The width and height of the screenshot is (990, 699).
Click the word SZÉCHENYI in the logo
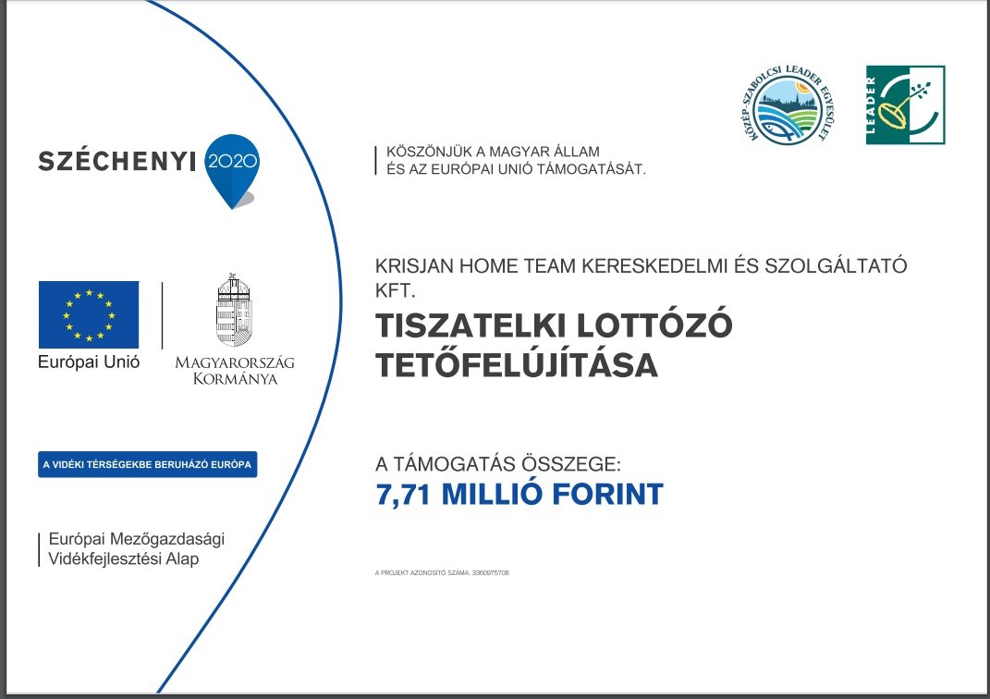(117, 162)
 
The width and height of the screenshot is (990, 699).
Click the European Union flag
(89, 314)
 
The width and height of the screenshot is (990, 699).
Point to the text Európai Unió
(89, 362)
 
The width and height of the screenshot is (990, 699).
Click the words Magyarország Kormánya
(235, 370)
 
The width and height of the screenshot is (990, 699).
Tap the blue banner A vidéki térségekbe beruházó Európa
(148, 464)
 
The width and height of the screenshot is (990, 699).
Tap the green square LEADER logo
(905, 105)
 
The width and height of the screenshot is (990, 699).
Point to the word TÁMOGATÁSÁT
(596, 169)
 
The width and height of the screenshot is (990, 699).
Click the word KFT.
(397, 290)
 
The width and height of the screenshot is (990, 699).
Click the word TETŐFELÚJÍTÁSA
(517, 365)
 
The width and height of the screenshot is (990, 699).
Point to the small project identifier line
(443, 573)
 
